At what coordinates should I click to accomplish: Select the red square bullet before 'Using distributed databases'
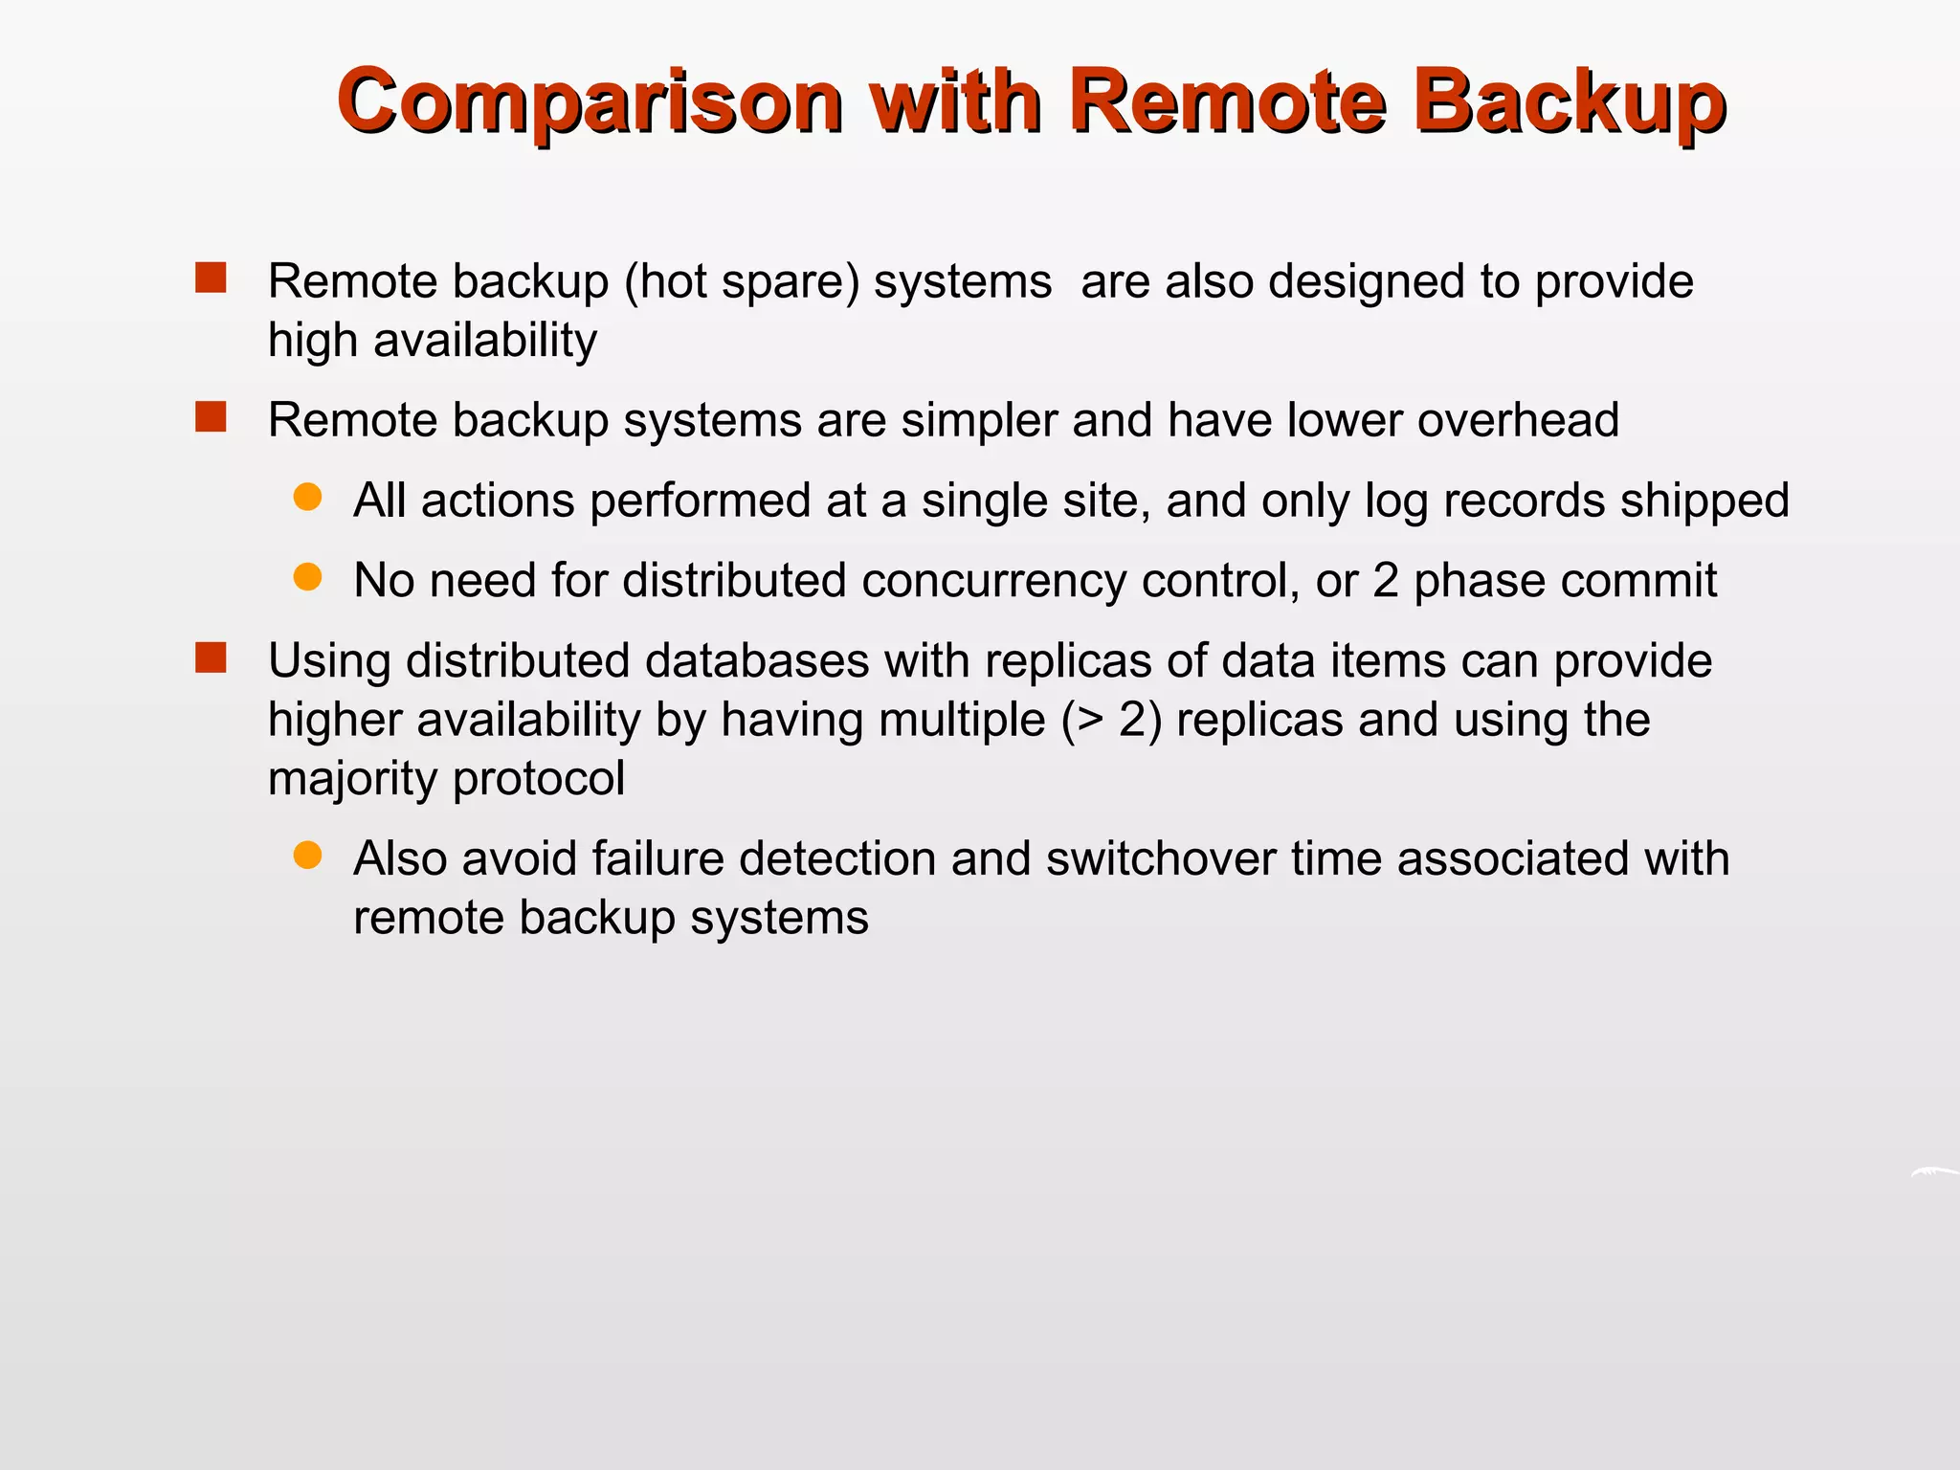click(x=211, y=658)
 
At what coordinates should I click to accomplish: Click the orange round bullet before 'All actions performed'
click(x=307, y=498)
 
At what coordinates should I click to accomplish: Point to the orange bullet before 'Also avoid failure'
click(x=307, y=856)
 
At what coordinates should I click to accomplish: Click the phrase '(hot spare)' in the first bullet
click(x=742, y=282)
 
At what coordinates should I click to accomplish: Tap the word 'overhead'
click(x=1518, y=420)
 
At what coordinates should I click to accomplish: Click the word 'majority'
click(x=352, y=779)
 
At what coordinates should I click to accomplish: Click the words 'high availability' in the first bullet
click(x=433, y=341)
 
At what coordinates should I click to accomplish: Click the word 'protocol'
click(x=539, y=779)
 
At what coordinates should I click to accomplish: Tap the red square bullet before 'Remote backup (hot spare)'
click(x=211, y=278)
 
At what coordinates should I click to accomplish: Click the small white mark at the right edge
click(x=1933, y=1172)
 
